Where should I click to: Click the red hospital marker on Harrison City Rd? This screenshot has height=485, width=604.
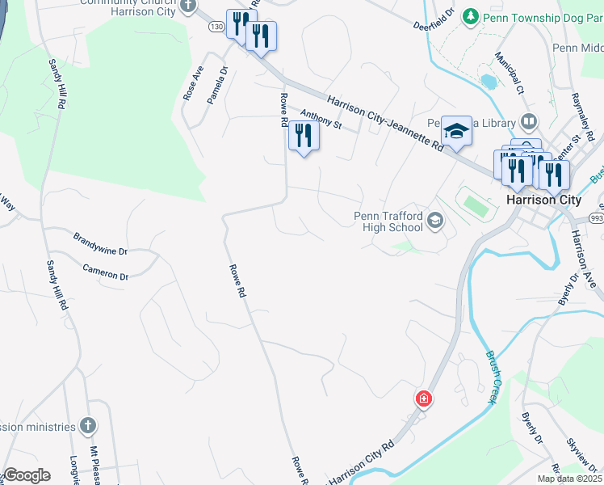(x=423, y=399)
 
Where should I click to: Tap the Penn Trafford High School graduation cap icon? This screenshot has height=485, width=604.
(x=435, y=221)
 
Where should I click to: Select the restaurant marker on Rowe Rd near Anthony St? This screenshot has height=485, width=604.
(x=304, y=135)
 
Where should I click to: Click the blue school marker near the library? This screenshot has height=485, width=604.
(x=456, y=132)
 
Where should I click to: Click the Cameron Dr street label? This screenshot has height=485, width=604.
(x=105, y=272)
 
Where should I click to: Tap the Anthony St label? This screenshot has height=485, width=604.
(x=321, y=120)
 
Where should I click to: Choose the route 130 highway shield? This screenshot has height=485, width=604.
(x=216, y=27)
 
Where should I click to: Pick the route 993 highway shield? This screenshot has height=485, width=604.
(x=596, y=218)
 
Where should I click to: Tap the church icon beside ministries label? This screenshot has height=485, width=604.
(x=88, y=426)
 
